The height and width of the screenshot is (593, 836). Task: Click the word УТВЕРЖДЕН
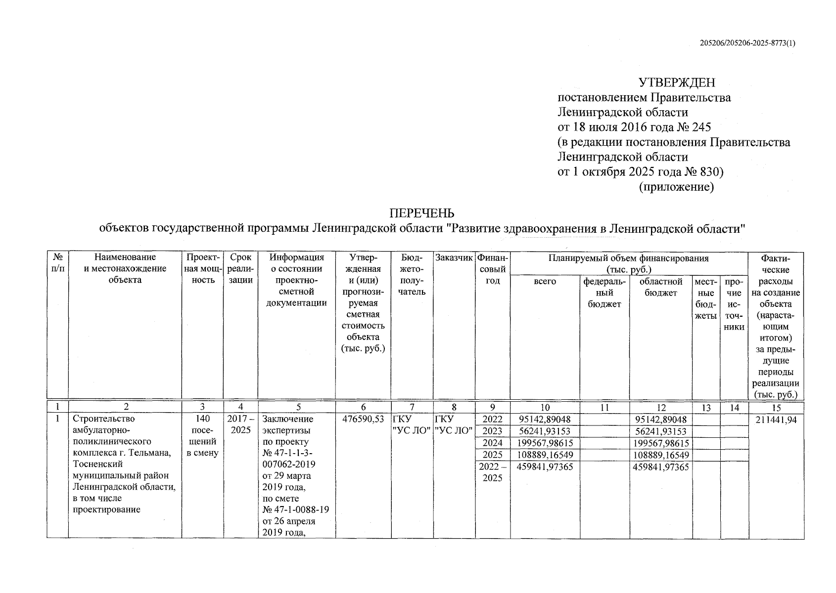click(x=677, y=82)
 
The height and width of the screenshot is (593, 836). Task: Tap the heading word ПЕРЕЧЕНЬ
click(x=422, y=213)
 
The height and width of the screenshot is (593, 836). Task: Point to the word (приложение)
click(x=677, y=187)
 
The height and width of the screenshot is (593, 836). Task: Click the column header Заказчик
click(x=454, y=257)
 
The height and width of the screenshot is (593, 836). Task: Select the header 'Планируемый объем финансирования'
click(x=628, y=258)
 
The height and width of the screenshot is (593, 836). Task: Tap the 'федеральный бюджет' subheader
click(x=604, y=293)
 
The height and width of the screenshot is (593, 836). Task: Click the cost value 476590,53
click(x=363, y=420)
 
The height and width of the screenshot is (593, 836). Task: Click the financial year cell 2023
click(x=492, y=431)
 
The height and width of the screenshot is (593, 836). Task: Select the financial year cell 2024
click(x=492, y=443)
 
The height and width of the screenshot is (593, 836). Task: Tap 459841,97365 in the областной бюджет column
click(x=661, y=466)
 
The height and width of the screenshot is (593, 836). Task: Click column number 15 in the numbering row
click(x=776, y=408)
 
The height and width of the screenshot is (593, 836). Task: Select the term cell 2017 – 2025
click(x=240, y=424)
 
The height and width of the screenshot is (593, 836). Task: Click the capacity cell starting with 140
click(x=202, y=436)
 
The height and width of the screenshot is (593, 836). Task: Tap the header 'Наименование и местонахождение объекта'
click(x=125, y=268)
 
